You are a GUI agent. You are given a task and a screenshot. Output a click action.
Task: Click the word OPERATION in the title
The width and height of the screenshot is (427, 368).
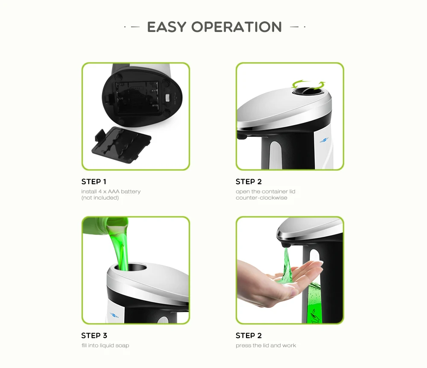click(x=237, y=27)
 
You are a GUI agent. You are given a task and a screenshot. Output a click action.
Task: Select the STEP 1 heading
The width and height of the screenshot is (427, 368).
click(x=94, y=182)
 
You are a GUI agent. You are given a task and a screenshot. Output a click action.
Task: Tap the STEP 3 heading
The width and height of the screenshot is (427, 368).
click(x=94, y=336)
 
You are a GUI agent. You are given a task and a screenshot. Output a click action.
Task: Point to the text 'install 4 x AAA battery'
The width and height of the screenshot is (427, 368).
click(x=111, y=191)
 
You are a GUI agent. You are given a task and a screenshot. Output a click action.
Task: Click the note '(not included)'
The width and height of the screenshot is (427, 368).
click(x=100, y=198)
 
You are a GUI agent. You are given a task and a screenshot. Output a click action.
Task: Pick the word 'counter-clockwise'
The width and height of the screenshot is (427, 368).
click(x=261, y=198)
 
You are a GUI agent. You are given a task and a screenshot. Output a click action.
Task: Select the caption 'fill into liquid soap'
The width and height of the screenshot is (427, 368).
click(x=105, y=345)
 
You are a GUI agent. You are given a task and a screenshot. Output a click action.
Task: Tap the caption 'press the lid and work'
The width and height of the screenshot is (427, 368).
click(x=266, y=345)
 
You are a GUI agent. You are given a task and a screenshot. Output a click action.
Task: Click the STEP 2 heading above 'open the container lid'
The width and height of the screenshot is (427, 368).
click(x=249, y=182)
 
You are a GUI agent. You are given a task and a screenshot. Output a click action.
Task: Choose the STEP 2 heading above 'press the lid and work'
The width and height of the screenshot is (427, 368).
click(x=249, y=336)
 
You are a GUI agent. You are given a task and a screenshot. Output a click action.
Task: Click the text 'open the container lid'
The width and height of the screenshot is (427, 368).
click(x=265, y=191)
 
